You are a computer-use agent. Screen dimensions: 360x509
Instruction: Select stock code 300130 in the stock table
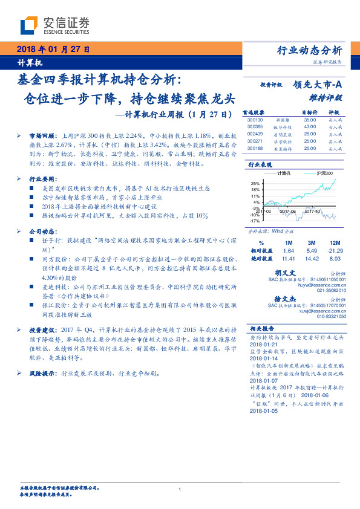point(255,120)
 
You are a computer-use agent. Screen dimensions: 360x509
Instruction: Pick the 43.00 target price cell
point(310,126)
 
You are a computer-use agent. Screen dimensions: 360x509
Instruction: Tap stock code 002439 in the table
point(255,133)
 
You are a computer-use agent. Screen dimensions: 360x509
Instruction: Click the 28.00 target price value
point(310,133)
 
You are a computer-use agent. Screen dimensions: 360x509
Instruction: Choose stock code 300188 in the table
point(255,147)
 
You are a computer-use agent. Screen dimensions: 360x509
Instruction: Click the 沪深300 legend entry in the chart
point(324,172)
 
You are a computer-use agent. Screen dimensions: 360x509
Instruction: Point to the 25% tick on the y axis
point(255,183)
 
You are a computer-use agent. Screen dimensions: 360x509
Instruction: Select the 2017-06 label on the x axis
point(289,211)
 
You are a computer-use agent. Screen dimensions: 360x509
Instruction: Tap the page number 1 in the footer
point(180,489)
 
